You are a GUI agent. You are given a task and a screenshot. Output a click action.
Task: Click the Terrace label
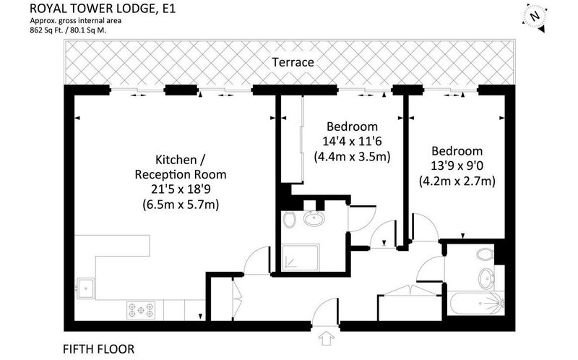(x=293, y=62)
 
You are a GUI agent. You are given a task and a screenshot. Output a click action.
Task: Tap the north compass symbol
(x=534, y=17)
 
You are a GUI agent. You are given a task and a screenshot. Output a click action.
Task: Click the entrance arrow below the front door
(x=326, y=338)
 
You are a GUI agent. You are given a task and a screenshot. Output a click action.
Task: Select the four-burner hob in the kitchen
(x=141, y=310)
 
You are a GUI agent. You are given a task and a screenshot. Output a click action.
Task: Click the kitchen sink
(x=85, y=288)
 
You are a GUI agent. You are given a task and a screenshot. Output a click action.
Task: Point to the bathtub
(x=476, y=303)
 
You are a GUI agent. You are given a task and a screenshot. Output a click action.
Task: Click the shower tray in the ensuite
(x=300, y=258)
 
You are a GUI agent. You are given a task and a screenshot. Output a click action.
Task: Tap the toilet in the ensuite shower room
(x=290, y=220)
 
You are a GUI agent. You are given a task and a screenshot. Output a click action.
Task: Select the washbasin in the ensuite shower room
(x=314, y=218)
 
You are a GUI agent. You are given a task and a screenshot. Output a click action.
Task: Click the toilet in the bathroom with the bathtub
(x=485, y=254)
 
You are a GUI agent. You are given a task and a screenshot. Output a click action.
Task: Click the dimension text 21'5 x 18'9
(x=181, y=189)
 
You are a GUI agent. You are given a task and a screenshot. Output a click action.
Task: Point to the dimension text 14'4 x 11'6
(x=352, y=141)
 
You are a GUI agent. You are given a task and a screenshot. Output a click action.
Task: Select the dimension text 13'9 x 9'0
(x=457, y=166)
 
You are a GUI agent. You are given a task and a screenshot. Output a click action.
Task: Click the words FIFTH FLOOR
(x=99, y=349)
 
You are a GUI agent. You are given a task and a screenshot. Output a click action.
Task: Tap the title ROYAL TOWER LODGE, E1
(x=103, y=8)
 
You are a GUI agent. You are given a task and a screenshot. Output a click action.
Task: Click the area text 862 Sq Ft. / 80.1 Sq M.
(x=68, y=30)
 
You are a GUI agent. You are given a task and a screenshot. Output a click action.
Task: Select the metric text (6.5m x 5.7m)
(x=181, y=205)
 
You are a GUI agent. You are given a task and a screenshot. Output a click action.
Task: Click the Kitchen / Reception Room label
(x=181, y=167)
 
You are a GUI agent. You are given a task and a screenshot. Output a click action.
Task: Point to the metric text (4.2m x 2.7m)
(x=457, y=181)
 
